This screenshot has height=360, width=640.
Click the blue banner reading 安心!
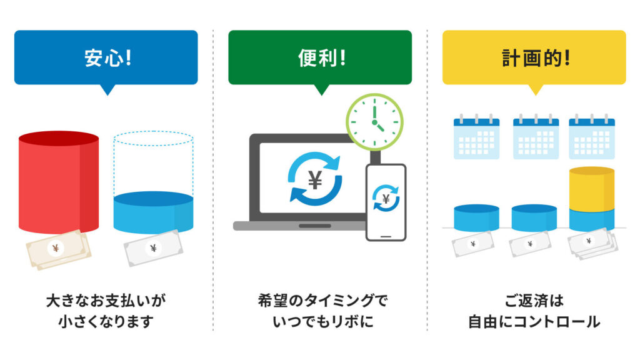coord(106,57)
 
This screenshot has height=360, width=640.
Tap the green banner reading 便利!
coord(320,57)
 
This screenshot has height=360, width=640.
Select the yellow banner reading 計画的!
coord(534,57)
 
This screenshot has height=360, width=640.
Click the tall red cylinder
coord(59,182)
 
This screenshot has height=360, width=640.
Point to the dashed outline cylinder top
coord(153,138)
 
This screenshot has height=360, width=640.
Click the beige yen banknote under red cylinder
coord(58,249)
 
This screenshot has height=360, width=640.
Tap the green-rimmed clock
coord(375,122)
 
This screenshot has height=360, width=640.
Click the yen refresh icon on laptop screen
coord(315,178)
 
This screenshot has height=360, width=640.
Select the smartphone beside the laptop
coord(386,202)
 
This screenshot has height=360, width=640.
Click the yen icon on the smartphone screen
coord(386,198)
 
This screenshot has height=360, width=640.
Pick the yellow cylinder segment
coord(592,189)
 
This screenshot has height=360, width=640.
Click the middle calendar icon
coord(536,137)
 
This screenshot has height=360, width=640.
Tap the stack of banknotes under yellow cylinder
coord(592,243)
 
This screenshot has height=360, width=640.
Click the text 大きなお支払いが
coord(106,301)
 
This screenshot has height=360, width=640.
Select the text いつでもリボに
coord(323,321)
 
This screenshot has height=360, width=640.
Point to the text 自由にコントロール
coord(534,321)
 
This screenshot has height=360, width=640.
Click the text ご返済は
coord(534,301)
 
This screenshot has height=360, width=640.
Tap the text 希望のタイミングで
coord(323,301)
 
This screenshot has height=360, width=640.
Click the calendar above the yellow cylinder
coord(592,137)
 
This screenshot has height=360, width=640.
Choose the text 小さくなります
coord(106,321)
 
